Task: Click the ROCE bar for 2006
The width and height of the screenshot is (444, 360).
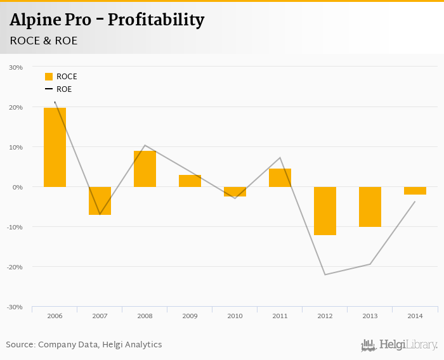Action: (x=55, y=147)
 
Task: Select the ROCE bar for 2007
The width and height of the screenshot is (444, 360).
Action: (x=100, y=201)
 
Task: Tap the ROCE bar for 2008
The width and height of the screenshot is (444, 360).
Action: (x=145, y=169)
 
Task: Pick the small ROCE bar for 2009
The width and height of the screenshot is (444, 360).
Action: (x=190, y=181)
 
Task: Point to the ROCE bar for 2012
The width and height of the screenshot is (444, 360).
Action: (x=325, y=211)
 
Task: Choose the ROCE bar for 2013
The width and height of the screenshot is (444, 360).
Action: (x=370, y=207)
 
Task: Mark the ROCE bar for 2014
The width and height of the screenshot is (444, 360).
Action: (x=415, y=191)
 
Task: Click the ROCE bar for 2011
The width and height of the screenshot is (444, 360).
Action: (x=280, y=177)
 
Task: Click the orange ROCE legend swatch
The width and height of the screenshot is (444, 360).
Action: (x=49, y=77)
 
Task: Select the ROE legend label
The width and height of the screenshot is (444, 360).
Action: (x=64, y=89)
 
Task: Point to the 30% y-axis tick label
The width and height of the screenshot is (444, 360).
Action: (x=16, y=67)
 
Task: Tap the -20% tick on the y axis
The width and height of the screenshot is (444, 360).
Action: (x=15, y=267)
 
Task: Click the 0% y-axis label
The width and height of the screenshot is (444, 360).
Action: (x=17, y=187)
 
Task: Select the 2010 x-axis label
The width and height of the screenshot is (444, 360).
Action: (x=235, y=316)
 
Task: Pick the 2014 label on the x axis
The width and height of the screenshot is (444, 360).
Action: (x=415, y=316)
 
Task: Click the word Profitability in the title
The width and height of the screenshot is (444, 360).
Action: (x=156, y=20)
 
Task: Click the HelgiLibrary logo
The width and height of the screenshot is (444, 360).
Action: (x=399, y=345)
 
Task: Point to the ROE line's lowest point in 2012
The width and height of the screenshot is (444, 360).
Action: (x=325, y=274)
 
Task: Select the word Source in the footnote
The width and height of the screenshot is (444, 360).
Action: (x=20, y=345)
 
